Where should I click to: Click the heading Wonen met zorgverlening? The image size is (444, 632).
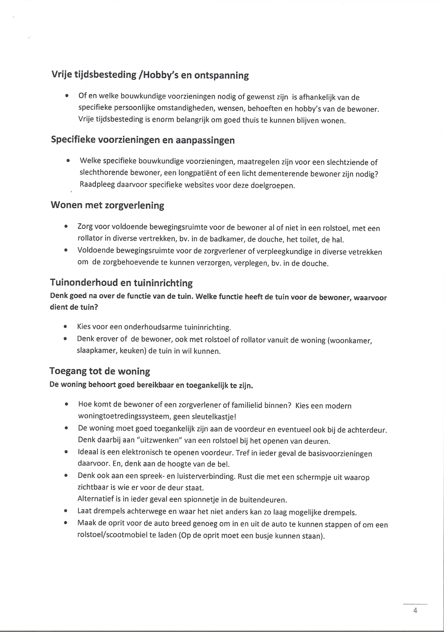[107, 205]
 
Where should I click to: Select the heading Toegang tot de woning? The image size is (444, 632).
[100, 371]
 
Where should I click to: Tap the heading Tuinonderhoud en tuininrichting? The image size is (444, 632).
[121, 283]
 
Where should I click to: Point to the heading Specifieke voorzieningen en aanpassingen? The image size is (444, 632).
[143, 140]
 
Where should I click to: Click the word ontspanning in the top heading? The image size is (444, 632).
[221, 75]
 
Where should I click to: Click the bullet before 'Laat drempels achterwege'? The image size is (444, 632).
[66, 511]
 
